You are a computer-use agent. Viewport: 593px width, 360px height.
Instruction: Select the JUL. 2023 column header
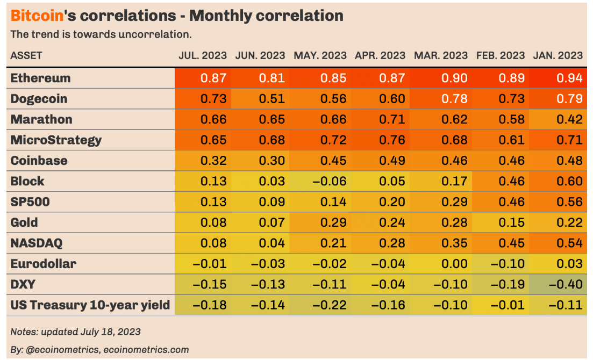[x=203, y=55]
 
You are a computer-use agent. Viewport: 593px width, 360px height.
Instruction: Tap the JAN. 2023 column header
[x=558, y=55]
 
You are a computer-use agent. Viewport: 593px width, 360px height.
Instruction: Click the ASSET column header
[x=26, y=55]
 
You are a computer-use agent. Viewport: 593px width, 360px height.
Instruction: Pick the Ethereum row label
[x=41, y=78]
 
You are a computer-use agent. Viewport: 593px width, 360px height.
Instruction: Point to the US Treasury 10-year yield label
[x=90, y=305]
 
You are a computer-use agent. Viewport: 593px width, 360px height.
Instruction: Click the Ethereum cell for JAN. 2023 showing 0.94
[x=569, y=78]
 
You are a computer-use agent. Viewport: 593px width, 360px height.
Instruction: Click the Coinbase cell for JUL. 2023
[x=213, y=161]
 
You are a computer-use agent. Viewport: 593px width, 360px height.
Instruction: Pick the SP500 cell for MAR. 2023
[x=454, y=202]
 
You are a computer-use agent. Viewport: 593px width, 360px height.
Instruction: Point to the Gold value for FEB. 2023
[x=512, y=222]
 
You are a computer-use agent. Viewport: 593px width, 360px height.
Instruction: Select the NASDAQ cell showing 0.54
[x=569, y=243]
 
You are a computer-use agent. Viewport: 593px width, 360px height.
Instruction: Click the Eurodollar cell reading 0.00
[x=454, y=264]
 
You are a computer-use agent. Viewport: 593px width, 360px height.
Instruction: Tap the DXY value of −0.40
[x=566, y=285]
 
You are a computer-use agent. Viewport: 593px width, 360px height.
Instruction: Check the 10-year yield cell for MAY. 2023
[x=328, y=305]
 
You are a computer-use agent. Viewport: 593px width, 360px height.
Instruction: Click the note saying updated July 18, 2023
[x=75, y=332]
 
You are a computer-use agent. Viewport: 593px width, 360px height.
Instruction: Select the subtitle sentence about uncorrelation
[x=101, y=35]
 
